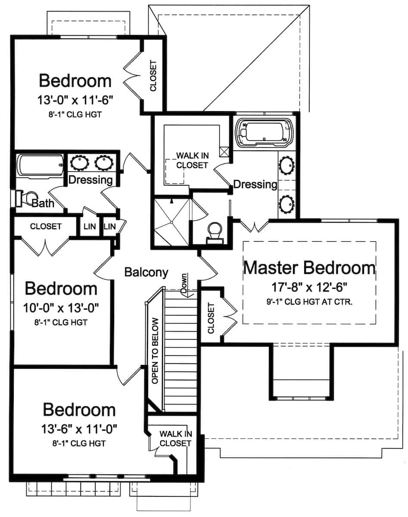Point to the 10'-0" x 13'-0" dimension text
tap(62, 308)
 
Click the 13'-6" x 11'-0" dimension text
tap(80, 429)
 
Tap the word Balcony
tap(146, 272)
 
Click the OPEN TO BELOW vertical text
tap(156, 351)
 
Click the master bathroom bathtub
tap(263, 131)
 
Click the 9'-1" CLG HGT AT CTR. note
tap(309, 302)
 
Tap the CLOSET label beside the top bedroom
tap(153, 75)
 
